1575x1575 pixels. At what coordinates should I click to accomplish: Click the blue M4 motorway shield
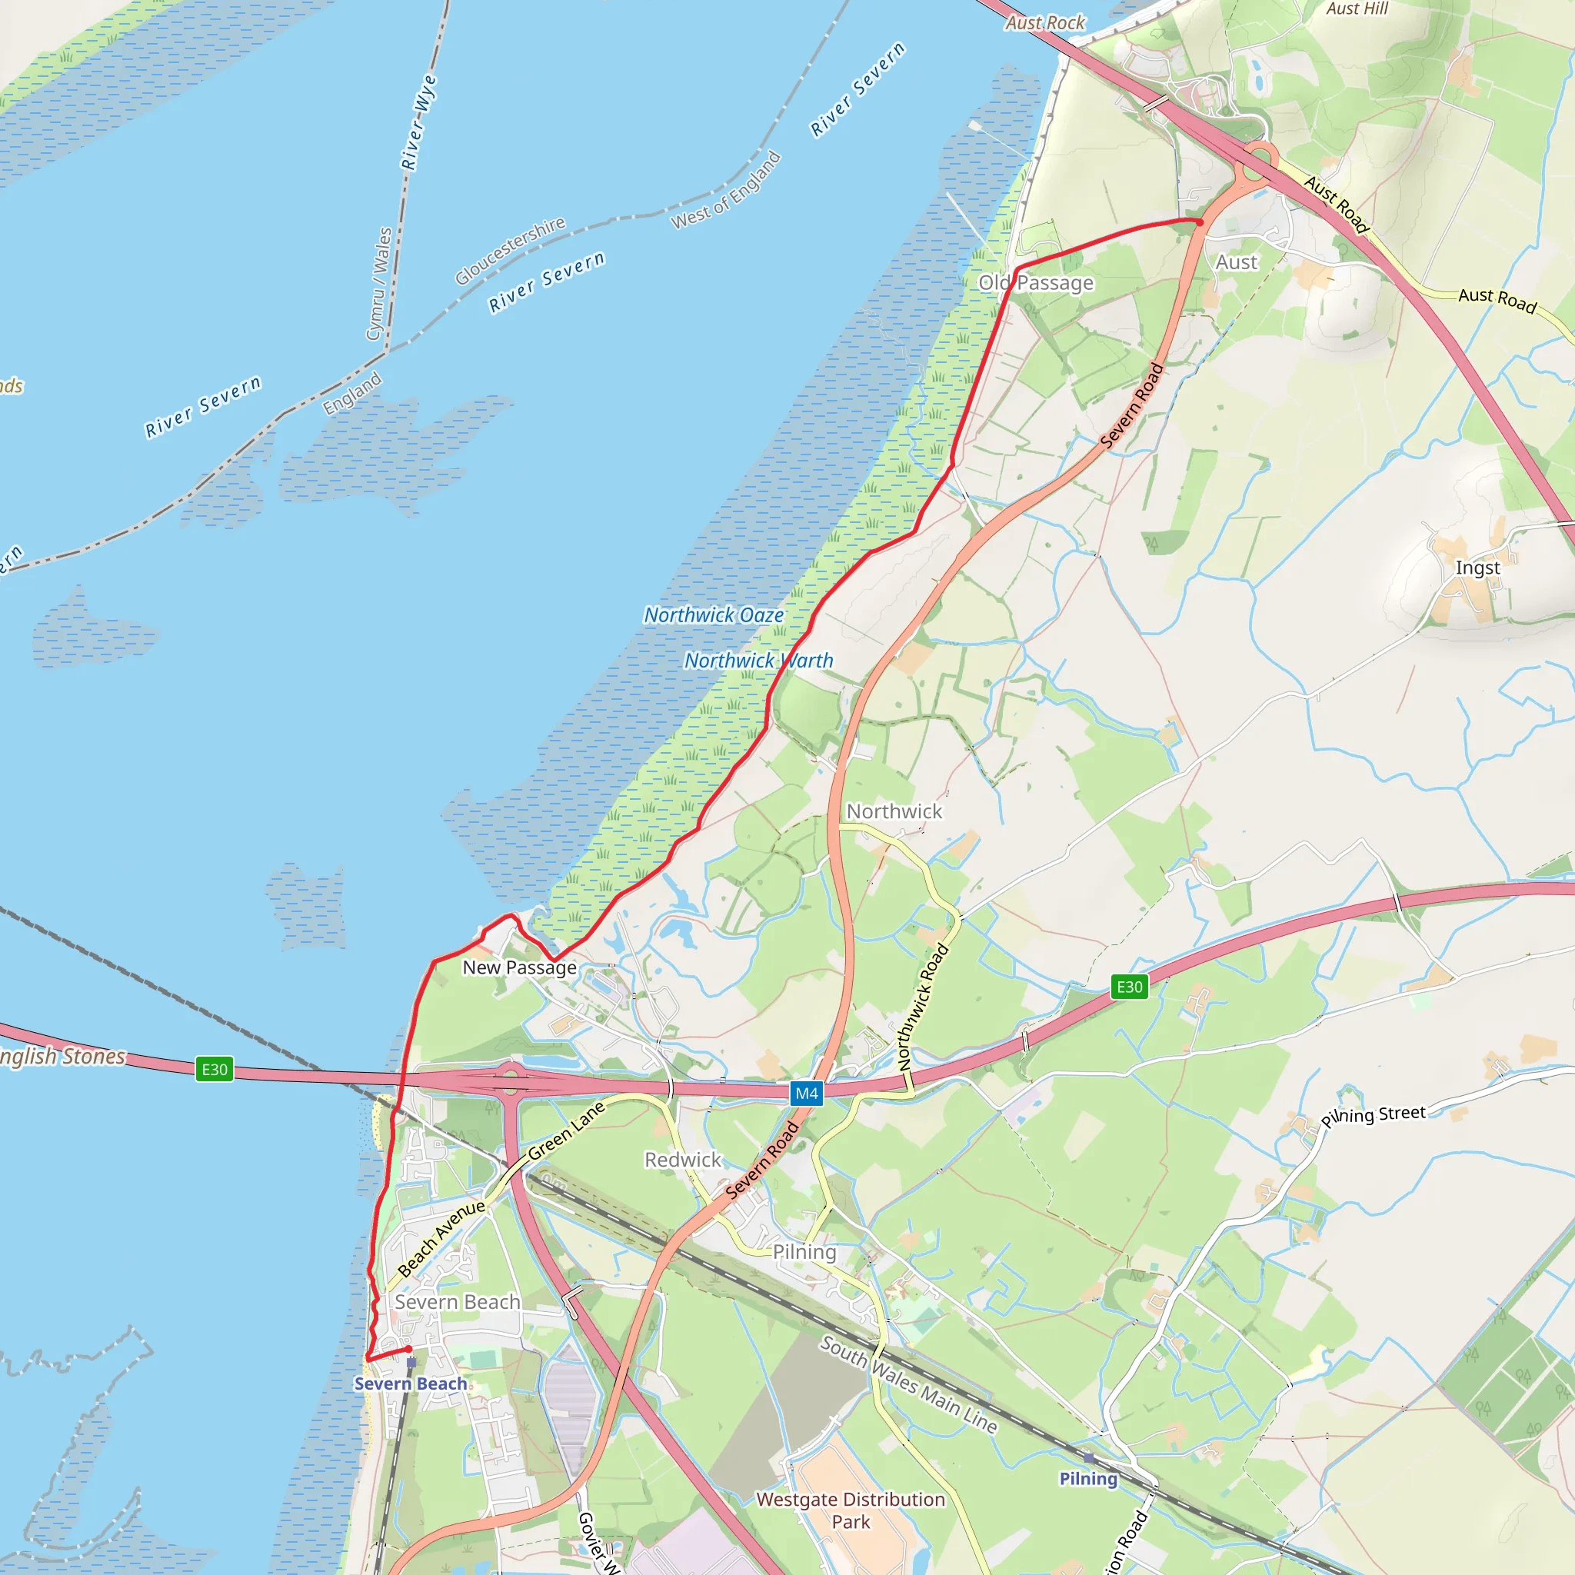[x=806, y=1094]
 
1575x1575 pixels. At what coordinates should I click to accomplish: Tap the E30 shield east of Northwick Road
[x=1129, y=987]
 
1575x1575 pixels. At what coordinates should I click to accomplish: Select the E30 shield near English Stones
[x=215, y=1069]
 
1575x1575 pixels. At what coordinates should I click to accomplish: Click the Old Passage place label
[x=1036, y=283]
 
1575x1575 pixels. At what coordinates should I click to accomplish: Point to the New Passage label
[x=519, y=967]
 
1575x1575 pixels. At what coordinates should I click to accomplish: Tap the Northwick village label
[x=894, y=811]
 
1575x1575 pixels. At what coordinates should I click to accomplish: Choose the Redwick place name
[x=682, y=1159]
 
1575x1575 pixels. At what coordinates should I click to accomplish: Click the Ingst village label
[x=1477, y=568]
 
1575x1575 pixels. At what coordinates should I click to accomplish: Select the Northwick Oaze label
[x=714, y=615]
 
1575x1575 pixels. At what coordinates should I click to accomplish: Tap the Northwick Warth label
[x=758, y=661]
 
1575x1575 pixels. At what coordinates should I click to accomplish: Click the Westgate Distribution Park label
[x=851, y=1510]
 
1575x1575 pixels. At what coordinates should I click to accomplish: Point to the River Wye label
[x=419, y=122]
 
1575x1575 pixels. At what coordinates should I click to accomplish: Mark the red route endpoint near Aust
[x=1199, y=221]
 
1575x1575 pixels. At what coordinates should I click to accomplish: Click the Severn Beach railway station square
[x=411, y=1362]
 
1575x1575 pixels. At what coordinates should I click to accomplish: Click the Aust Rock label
[x=1044, y=23]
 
